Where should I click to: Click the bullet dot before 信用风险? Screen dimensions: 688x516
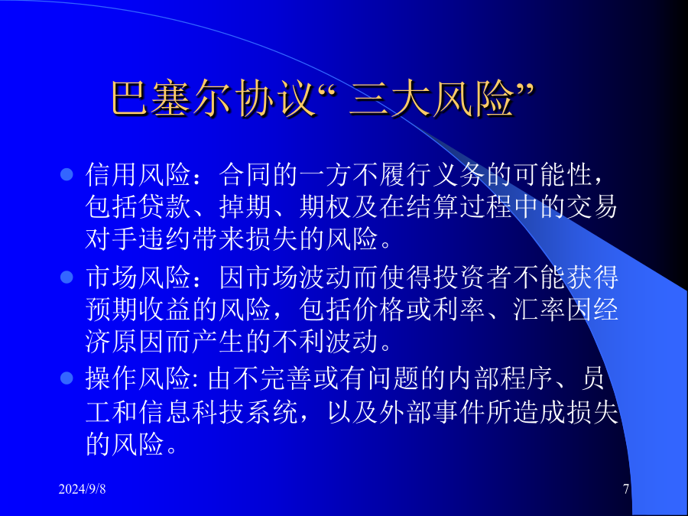(x=67, y=174)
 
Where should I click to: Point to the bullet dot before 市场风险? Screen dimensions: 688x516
(x=67, y=277)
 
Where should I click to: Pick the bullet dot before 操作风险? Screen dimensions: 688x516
(x=67, y=378)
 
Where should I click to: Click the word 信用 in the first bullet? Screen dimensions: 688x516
(x=112, y=174)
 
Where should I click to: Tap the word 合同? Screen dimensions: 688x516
(x=245, y=174)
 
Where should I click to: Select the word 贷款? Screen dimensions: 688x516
(x=165, y=206)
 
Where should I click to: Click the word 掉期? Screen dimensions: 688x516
(x=245, y=206)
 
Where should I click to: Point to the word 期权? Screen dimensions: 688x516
(x=325, y=206)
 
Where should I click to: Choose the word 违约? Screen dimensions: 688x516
(x=165, y=239)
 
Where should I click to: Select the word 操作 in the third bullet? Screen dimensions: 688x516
(x=112, y=378)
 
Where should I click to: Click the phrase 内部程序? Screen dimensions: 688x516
(x=499, y=378)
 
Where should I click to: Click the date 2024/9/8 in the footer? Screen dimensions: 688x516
(x=82, y=488)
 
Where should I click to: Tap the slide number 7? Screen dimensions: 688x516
(x=626, y=488)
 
